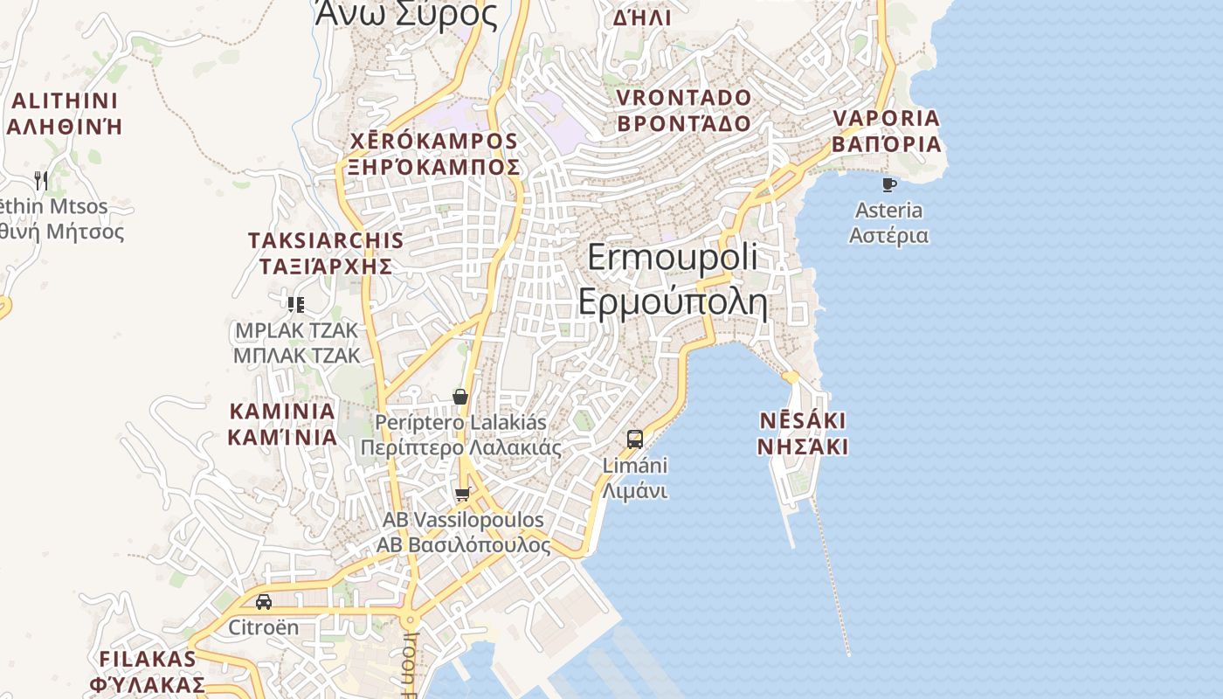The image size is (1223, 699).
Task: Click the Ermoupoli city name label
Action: tap(673, 259)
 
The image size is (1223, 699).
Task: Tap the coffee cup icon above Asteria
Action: tap(889, 184)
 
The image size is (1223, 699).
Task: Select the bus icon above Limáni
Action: tap(635, 439)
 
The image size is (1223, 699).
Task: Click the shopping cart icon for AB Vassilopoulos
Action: tap(463, 495)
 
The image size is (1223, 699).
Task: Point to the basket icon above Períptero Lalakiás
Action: tap(460, 397)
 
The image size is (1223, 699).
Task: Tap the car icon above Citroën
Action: tap(263, 602)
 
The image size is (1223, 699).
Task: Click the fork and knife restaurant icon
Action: tap(40, 180)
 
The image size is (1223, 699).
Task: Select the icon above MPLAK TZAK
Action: tap(296, 304)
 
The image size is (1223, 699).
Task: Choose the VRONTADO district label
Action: tap(684, 97)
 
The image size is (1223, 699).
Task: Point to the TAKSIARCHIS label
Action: tap(326, 241)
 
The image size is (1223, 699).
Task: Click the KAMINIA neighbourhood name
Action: tap(282, 411)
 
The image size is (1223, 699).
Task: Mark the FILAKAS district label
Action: tap(148, 659)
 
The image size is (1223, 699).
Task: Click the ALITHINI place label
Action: tap(65, 100)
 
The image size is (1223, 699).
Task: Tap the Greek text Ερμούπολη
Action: tap(673, 302)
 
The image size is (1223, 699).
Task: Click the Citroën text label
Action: tap(263, 627)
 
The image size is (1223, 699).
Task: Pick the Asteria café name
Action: tap(888, 211)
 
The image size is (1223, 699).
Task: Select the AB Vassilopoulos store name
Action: tap(463, 520)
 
